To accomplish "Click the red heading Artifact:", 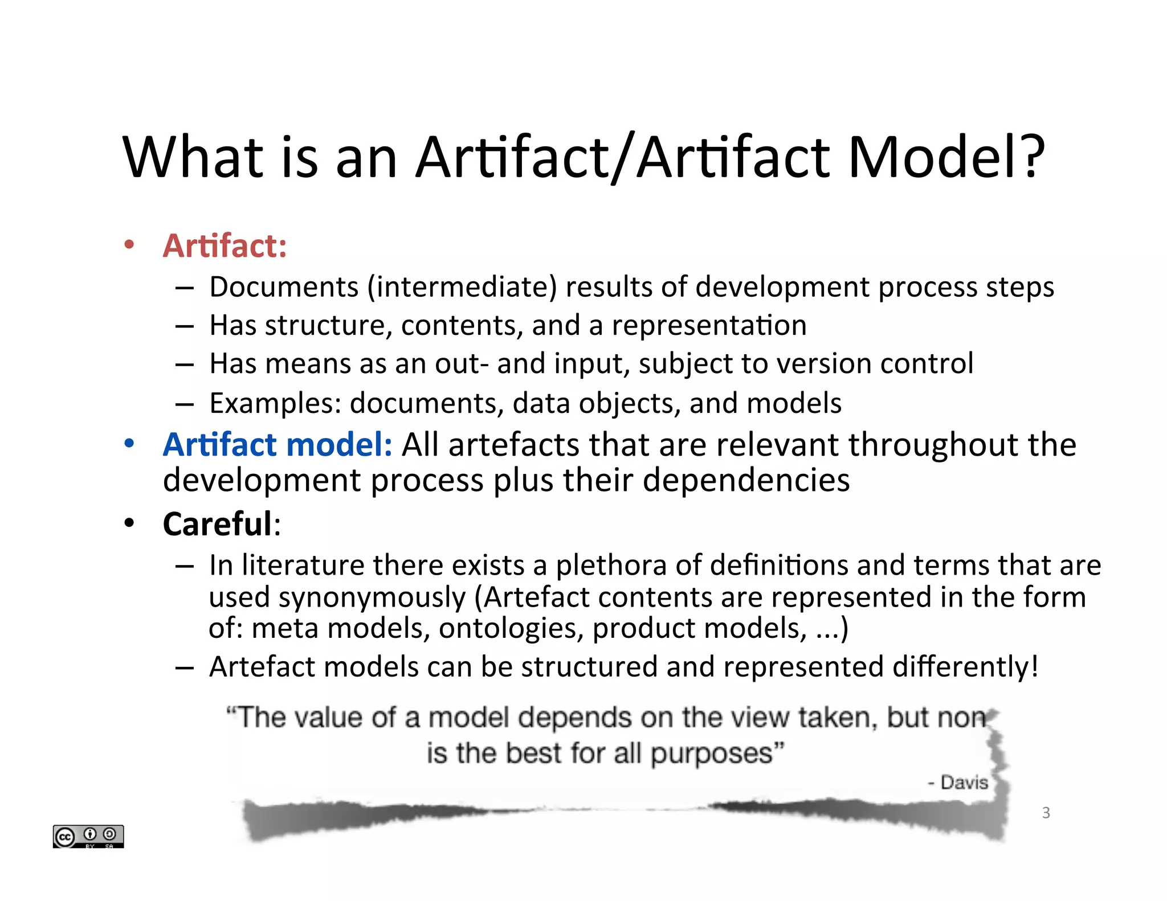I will pos(225,246).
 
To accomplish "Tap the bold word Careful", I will pos(218,524).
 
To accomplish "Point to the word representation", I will pos(709,326).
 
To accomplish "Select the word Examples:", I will pos(275,403).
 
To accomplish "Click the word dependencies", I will pos(746,480).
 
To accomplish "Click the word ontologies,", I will pos(511,628).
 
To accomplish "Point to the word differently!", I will pos(965,666).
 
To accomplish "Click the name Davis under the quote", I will pos(964,783).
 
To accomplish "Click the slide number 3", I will pos(1046,813).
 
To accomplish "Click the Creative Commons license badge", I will pos(88,836).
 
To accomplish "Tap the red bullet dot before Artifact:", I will pos(129,245).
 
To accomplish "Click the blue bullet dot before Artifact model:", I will pos(129,443).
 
